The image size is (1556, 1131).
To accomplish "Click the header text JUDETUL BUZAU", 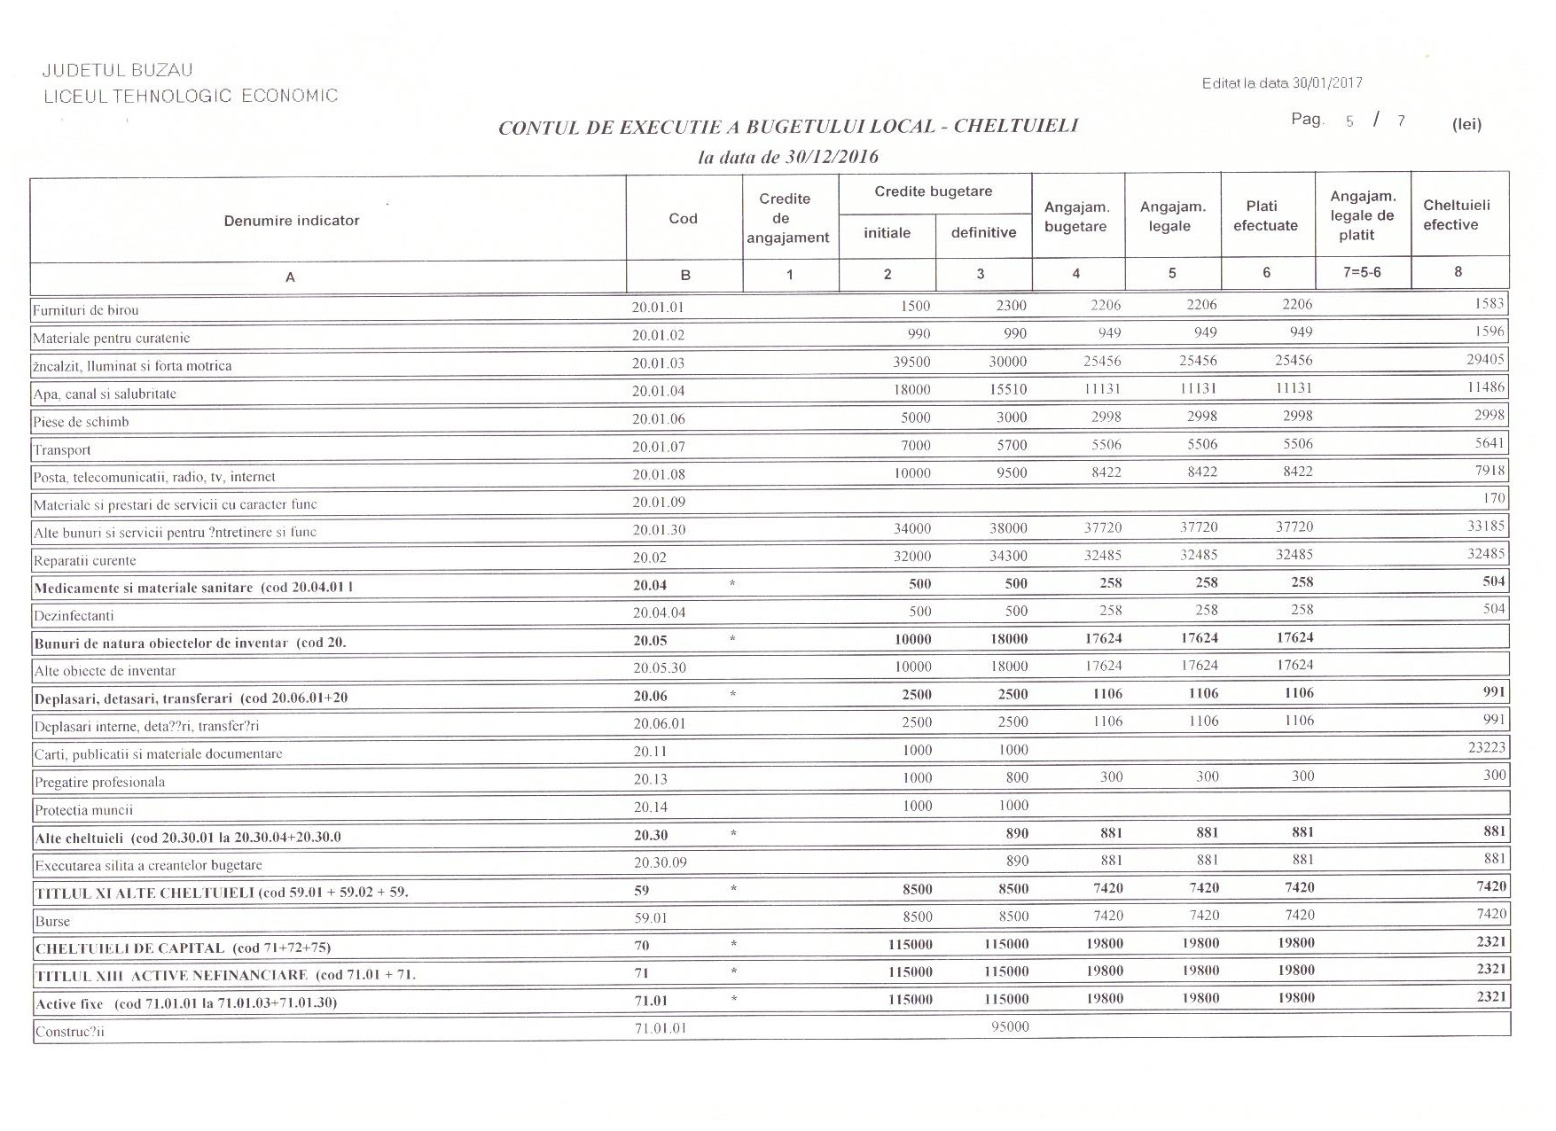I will click(117, 70).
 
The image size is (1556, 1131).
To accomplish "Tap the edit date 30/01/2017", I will click(1327, 83).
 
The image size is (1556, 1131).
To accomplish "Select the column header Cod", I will click(683, 218).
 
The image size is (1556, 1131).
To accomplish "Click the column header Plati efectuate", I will click(1265, 215).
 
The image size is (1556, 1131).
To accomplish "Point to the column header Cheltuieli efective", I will click(1456, 214).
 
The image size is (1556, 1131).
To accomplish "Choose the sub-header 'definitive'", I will click(983, 232).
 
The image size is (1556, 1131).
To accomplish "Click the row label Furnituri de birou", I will click(86, 310).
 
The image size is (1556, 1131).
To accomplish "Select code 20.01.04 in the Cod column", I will click(658, 391).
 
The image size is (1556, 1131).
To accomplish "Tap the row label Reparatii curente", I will click(85, 560).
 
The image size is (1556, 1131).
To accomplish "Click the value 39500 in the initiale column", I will click(911, 362).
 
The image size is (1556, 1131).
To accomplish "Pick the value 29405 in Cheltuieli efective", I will click(1485, 359).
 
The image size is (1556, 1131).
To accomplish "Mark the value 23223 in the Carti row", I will click(1486, 747).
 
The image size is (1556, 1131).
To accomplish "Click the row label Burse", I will click(52, 921).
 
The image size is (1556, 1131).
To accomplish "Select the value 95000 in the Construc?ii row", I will click(1009, 1026).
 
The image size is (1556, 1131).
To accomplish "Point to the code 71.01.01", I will click(660, 1028).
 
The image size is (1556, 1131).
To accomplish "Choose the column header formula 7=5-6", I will click(1362, 272).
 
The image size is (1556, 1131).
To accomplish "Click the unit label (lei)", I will click(1466, 124).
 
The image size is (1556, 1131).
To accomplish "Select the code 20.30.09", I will click(660, 862).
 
